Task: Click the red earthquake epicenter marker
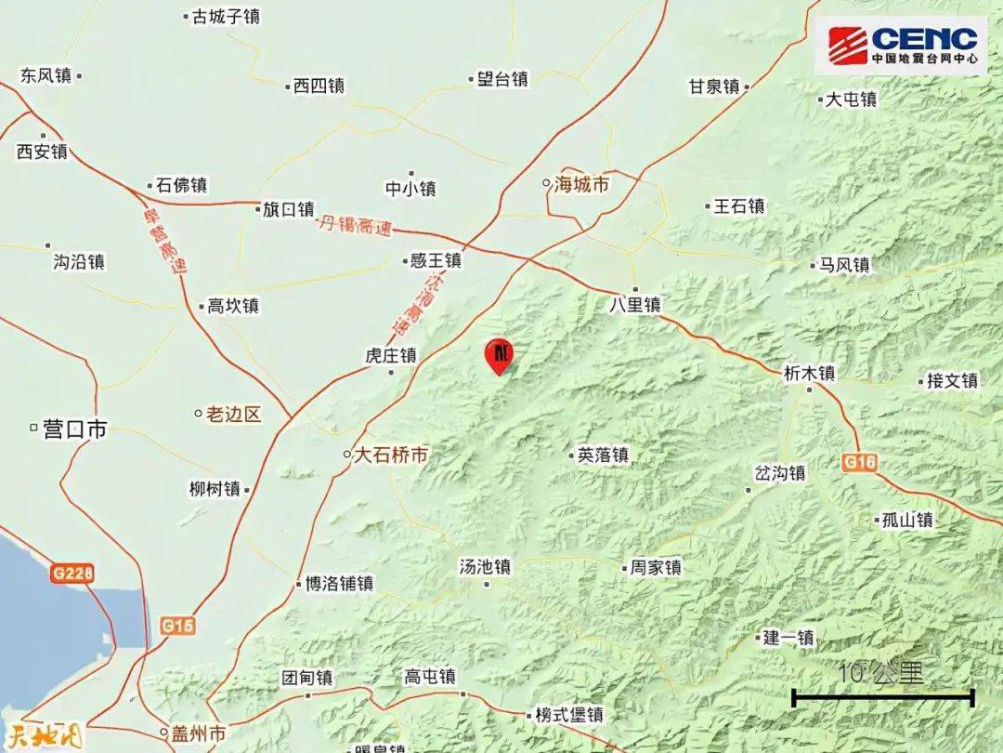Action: [500, 354]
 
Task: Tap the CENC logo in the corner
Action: [902, 46]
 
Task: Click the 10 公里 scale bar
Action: [882, 695]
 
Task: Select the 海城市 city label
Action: [581, 185]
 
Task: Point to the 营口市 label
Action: [75, 429]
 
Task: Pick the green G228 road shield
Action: [72, 575]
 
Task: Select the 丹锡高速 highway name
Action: [355, 226]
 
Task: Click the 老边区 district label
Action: [232, 414]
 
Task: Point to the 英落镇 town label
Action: [603, 456]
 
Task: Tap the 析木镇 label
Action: [809, 373]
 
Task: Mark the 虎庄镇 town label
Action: [390, 355]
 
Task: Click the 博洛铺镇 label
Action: [339, 584]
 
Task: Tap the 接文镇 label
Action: [952, 380]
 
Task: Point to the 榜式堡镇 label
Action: [569, 715]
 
